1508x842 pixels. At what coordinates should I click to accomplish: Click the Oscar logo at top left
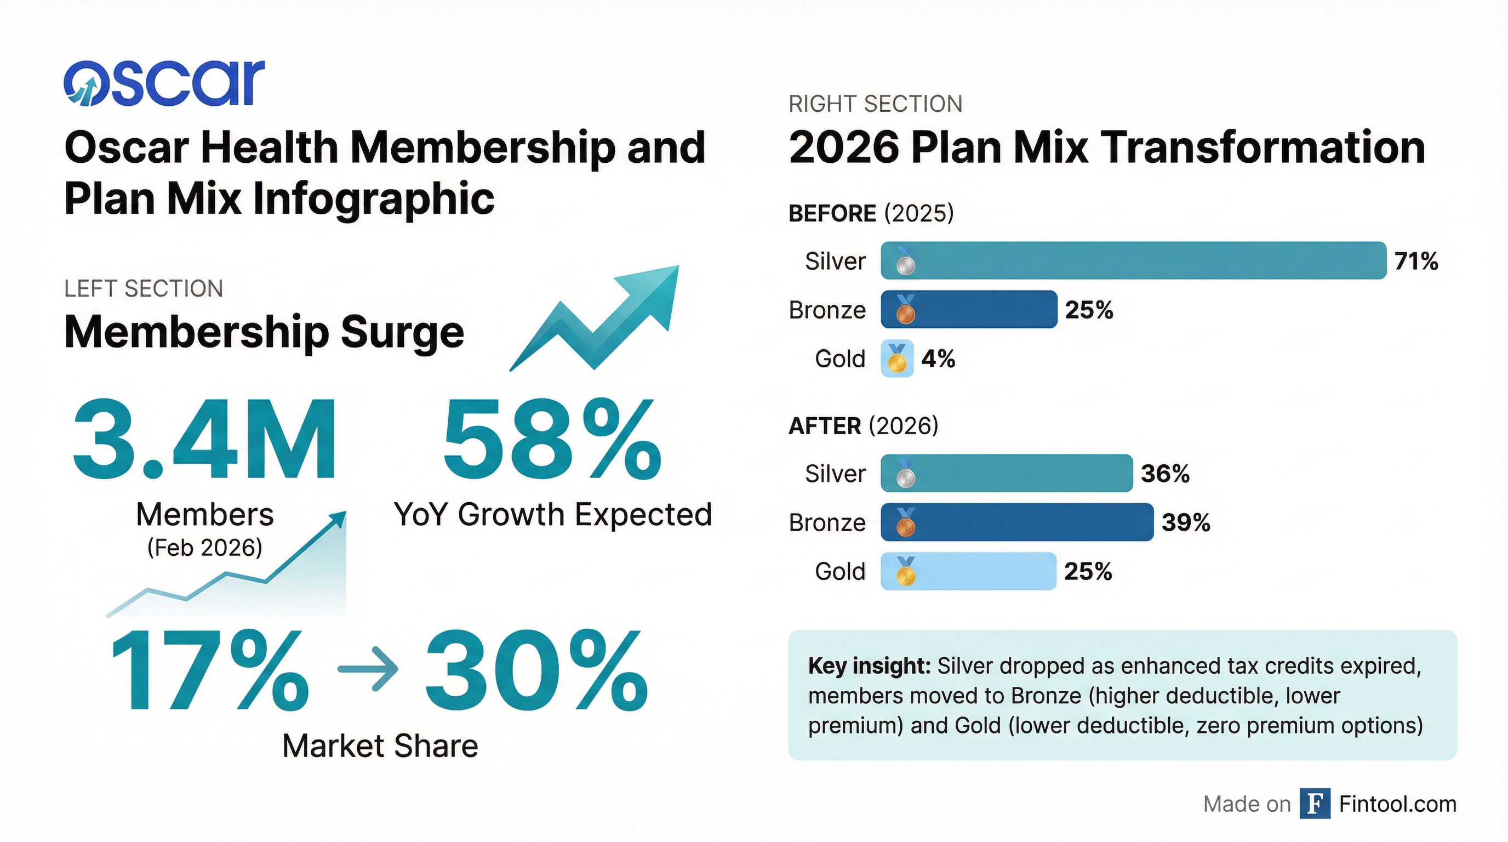click(164, 83)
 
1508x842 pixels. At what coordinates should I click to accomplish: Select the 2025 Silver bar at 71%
click(1133, 260)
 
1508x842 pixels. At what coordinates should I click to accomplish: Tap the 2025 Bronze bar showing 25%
click(969, 309)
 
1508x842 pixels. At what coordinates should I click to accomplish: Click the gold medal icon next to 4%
click(897, 359)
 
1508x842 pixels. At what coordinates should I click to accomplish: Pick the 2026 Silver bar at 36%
click(1007, 473)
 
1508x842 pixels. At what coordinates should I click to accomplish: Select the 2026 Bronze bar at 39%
click(1017, 522)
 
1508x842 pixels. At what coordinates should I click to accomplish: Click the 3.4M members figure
click(205, 439)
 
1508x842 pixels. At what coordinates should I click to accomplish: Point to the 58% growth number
click(552, 439)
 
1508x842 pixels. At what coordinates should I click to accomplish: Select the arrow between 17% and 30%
click(368, 669)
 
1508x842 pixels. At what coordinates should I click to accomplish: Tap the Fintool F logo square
click(1315, 804)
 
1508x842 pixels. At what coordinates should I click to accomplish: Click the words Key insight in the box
click(869, 665)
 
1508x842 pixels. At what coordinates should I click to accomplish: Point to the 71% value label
click(1415, 261)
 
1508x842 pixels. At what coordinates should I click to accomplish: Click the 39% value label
click(1185, 522)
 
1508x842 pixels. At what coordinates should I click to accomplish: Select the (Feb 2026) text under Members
click(205, 548)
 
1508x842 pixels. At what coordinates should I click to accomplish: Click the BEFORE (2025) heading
click(871, 213)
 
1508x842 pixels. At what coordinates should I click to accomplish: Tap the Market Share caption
click(380, 746)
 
